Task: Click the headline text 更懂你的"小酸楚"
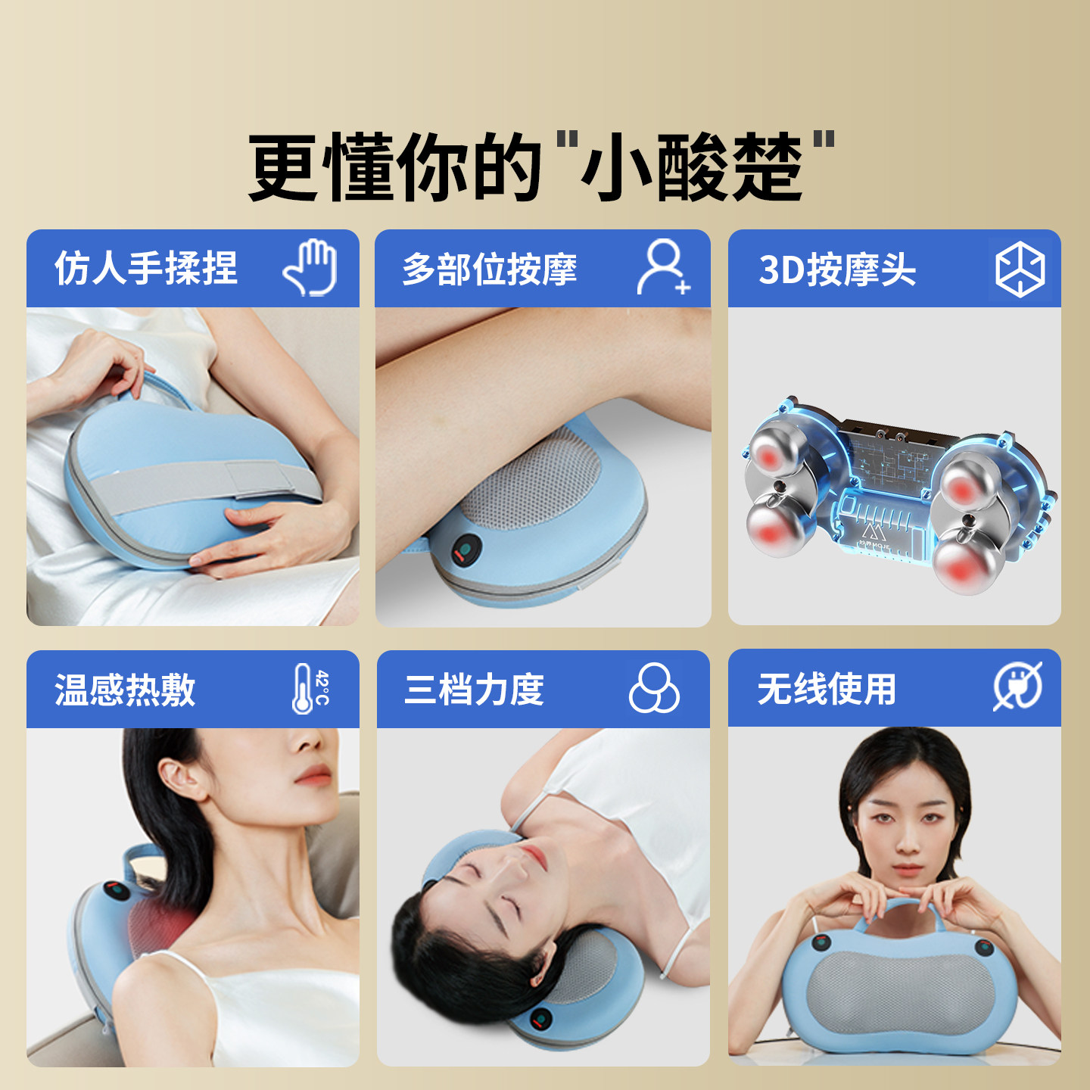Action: pos(542,167)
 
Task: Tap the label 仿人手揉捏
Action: pos(146,269)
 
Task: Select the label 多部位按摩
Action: pos(490,269)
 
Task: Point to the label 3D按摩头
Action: pos(837,269)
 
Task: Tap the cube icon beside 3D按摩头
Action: pos(1020,269)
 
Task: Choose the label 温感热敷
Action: pos(126,690)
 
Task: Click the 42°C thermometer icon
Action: pos(310,688)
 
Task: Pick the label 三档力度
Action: pos(475,690)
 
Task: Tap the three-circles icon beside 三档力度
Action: pos(654,688)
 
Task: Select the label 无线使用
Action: pos(827,689)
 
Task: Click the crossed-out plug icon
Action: pos(1017,687)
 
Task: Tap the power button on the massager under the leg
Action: pos(466,550)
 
